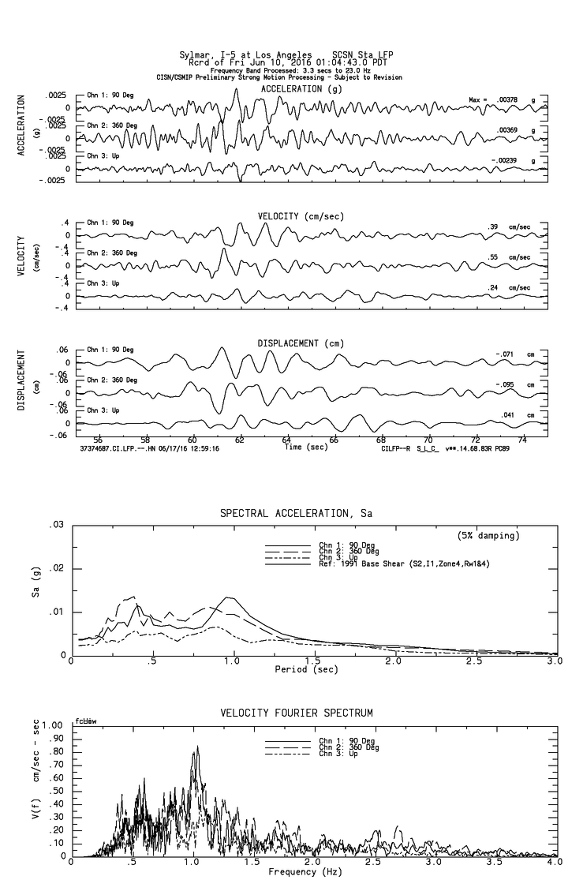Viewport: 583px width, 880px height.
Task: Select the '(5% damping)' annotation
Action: [488, 536]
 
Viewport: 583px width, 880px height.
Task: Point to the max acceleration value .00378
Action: [507, 99]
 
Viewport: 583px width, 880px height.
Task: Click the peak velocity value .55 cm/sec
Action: [493, 257]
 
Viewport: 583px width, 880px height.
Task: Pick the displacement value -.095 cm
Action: [504, 384]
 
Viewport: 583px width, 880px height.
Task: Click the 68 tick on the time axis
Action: [381, 440]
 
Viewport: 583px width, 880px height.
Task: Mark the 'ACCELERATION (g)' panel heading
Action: [301, 89]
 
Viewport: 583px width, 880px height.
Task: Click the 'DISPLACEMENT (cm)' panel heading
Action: [301, 343]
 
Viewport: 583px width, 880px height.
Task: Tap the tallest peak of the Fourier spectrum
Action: [197, 747]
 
